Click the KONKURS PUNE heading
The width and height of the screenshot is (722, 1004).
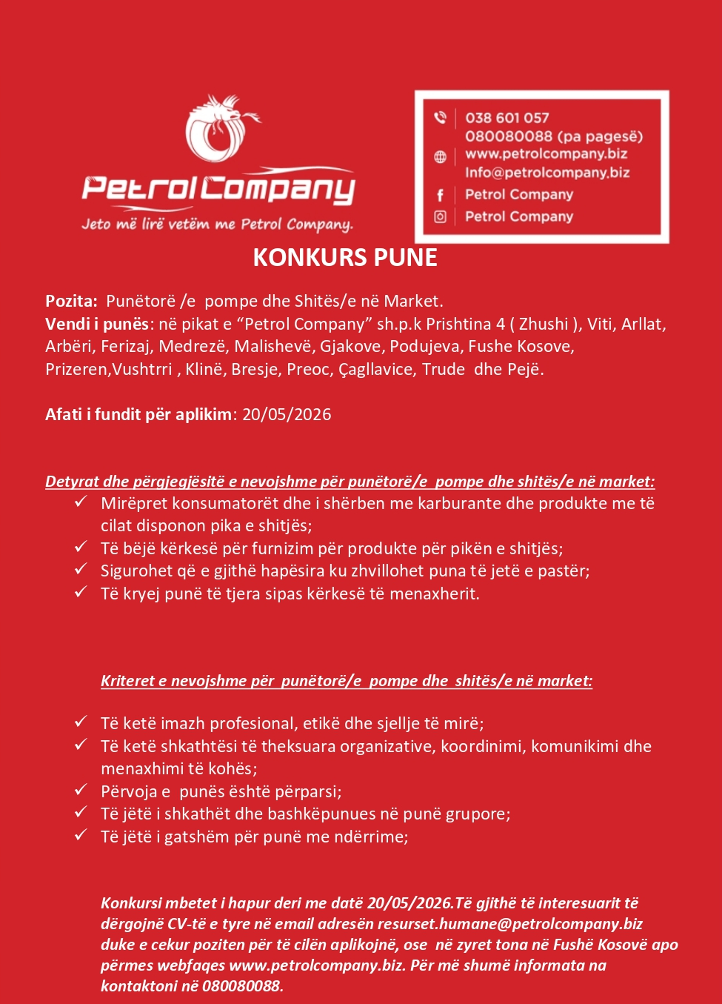tap(345, 257)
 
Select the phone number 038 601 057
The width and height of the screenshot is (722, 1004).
tap(507, 118)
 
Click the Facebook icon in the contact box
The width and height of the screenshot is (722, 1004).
tap(440, 195)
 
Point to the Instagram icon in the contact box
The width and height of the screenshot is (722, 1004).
tap(440, 217)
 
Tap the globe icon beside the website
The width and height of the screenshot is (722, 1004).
tap(440, 156)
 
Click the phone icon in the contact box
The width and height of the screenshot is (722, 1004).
tap(440, 117)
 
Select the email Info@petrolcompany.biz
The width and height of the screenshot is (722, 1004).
tap(547, 173)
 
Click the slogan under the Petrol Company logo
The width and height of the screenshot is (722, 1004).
tap(217, 224)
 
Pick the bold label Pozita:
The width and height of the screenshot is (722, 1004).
tap(71, 301)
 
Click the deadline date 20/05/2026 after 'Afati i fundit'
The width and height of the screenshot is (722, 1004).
tap(287, 414)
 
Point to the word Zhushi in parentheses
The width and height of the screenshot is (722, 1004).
tap(544, 324)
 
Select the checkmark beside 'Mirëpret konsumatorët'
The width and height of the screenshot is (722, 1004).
tap(81, 502)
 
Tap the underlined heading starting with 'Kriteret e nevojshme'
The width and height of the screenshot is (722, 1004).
tap(347, 681)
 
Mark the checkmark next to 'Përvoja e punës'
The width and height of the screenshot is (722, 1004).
tap(81, 791)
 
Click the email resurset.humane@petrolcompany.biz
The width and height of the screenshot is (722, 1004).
tap(510, 924)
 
